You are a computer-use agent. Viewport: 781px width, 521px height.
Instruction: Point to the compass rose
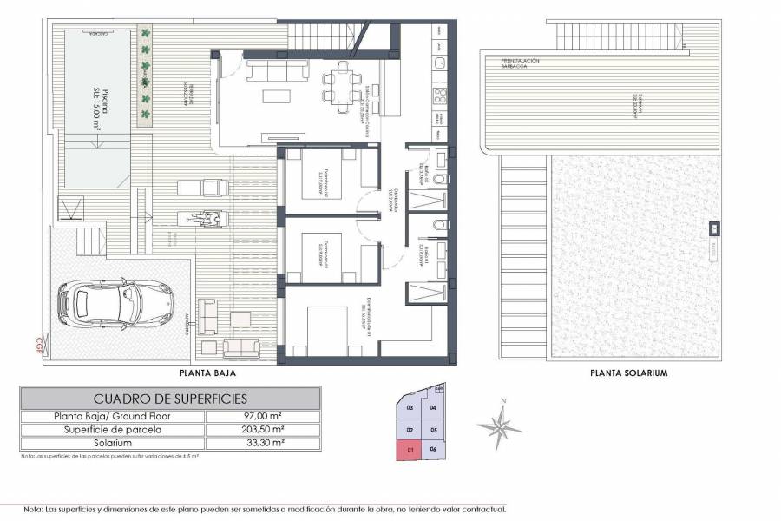click(x=500, y=425)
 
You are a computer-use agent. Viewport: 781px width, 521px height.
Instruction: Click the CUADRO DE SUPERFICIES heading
click(x=170, y=399)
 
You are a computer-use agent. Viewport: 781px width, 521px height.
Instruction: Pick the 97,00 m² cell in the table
click(x=263, y=416)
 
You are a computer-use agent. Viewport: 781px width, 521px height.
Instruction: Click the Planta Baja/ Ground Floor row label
click(x=112, y=416)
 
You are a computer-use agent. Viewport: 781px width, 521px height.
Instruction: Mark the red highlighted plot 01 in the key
click(x=409, y=449)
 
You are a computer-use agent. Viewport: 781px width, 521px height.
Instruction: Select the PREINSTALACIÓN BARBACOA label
click(x=521, y=63)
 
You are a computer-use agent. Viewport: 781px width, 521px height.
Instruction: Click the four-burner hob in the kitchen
click(x=440, y=95)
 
